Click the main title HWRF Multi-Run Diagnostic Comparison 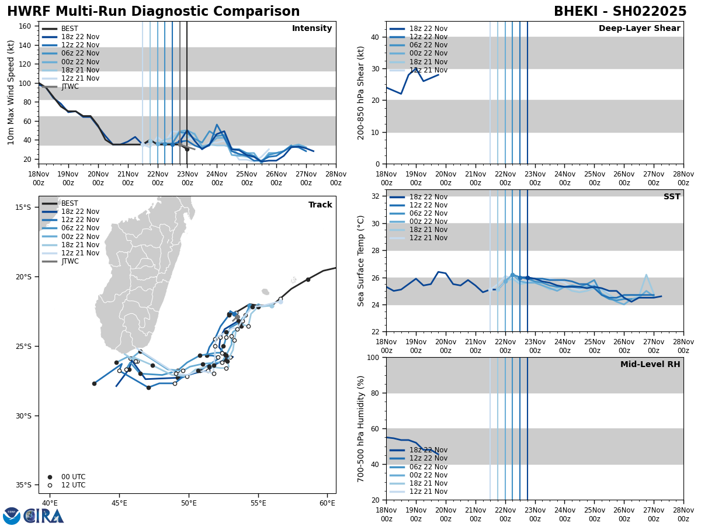(x=153, y=12)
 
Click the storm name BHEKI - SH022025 (x=620, y=12)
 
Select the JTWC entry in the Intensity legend (x=70, y=87)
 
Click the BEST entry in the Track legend (x=70, y=203)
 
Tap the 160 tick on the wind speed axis (x=25, y=26)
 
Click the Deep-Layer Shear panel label (x=639, y=29)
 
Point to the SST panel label (x=671, y=197)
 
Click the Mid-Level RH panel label (x=650, y=365)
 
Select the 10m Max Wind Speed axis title (x=11, y=92)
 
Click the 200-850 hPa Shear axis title (x=360, y=92)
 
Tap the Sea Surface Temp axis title (x=360, y=261)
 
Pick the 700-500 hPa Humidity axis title (x=360, y=428)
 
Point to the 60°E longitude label (x=327, y=503)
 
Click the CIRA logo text (x=44, y=516)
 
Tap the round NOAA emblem (x=12, y=516)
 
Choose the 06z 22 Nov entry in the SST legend (x=418, y=213)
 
